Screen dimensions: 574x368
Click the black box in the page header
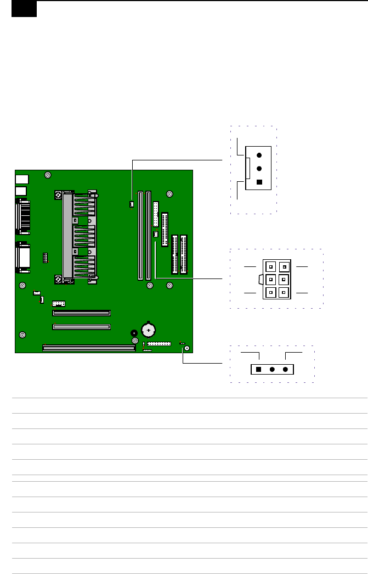pyautogui.click(x=24, y=9)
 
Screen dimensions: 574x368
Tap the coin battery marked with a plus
pyautogui.click(x=149, y=330)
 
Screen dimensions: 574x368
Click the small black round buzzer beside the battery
pyautogui.click(x=133, y=333)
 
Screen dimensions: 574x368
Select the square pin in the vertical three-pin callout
pyautogui.click(x=259, y=182)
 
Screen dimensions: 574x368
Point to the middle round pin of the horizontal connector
pyautogui.click(x=272, y=370)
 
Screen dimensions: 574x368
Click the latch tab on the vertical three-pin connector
pyautogui.click(x=248, y=169)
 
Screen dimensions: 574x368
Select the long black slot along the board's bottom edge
pyautogui.click(x=88, y=348)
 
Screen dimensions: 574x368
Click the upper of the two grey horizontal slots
pyautogui.click(x=81, y=313)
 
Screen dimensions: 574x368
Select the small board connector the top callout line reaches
pyautogui.click(x=132, y=205)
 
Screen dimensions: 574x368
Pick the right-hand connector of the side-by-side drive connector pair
pyautogui.click(x=183, y=254)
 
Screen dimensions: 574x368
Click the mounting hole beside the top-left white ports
pyautogui.click(x=48, y=176)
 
